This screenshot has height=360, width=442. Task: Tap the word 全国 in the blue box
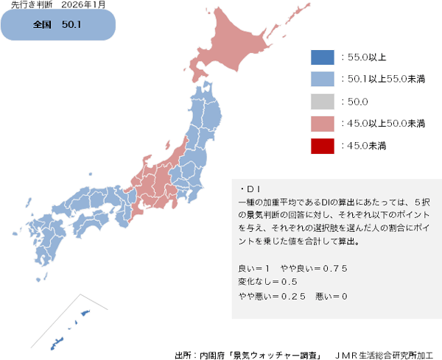[42, 25]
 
